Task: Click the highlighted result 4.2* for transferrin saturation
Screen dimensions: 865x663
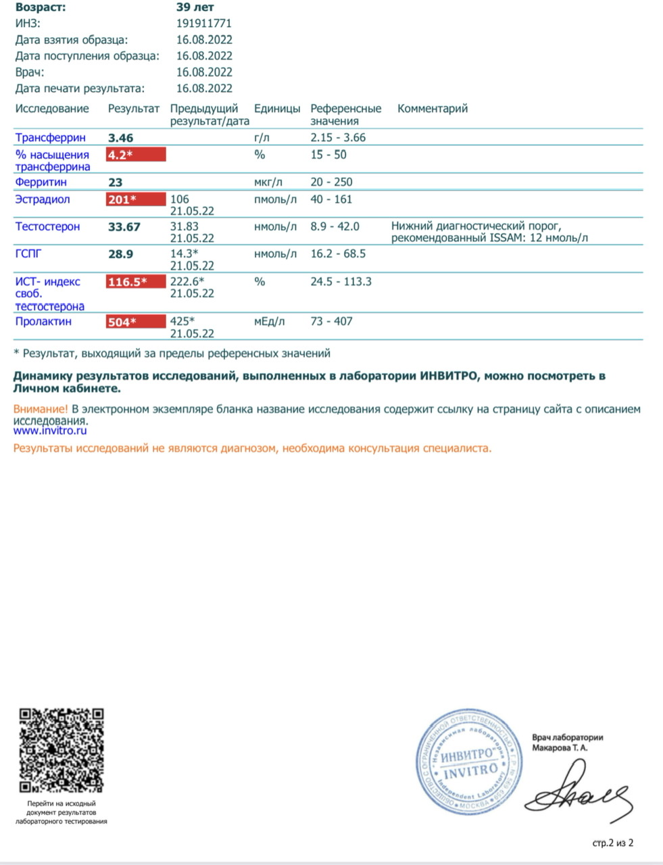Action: pyautogui.click(x=135, y=155)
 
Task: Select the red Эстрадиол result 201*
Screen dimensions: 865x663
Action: pyautogui.click(x=135, y=199)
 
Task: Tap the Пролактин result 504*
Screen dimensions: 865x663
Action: pyautogui.click(x=135, y=322)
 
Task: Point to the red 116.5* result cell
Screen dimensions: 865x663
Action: pyautogui.click(x=135, y=282)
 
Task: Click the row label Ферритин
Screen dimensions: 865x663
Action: pyautogui.click(x=41, y=182)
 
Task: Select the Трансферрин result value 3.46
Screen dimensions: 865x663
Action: pyautogui.click(x=121, y=138)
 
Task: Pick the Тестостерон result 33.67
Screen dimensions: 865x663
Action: pyautogui.click(x=124, y=227)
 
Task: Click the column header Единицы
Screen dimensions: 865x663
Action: pyautogui.click(x=277, y=109)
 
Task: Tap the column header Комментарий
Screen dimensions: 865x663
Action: pyautogui.click(x=433, y=109)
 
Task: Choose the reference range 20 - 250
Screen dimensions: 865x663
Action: pyautogui.click(x=331, y=182)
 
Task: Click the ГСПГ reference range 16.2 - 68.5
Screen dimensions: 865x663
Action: pyautogui.click(x=338, y=254)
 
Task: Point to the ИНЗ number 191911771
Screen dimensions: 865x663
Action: pyautogui.click(x=204, y=24)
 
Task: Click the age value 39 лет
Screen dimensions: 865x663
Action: pyautogui.click(x=195, y=7)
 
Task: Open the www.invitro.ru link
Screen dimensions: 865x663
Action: pyautogui.click(x=50, y=430)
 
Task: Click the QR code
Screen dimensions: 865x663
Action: pyautogui.click(x=62, y=750)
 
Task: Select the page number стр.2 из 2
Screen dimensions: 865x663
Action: pyautogui.click(x=613, y=843)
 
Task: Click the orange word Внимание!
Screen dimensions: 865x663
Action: pyautogui.click(x=41, y=410)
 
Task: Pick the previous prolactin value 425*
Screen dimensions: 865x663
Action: pyautogui.click(x=182, y=322)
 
